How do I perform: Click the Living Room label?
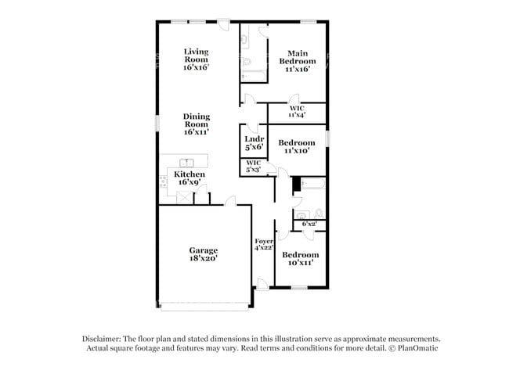tap(196, 56)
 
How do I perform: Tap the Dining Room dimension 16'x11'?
tap(196, 132)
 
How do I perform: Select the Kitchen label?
tap(190, 174)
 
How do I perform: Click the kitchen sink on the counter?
tap(186, 163)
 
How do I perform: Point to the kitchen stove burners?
tap(163, 181)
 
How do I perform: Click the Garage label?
tap(204, 250)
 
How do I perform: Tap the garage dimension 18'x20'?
tap(204, 258)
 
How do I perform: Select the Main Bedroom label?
tap(298, 57)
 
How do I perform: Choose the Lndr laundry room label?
tap(254, 139)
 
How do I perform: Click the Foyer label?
tap(264, 241)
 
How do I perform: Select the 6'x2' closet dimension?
tap(309, 224)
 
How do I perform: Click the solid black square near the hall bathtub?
tap(297, 184)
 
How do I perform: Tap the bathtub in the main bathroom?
tap(254, 76)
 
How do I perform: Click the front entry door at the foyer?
tap(262, 284)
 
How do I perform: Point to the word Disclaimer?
tap(102, 339)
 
